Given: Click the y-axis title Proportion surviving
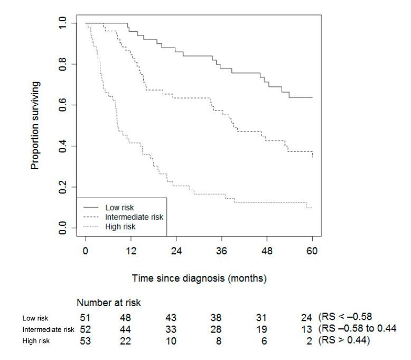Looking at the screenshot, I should [35, 125].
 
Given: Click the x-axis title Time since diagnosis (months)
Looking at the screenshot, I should [199, 278].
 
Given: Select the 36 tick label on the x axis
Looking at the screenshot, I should [221, 251].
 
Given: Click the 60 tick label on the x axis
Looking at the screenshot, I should [312, 251].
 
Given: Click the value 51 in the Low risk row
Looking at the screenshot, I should [85, 318].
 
